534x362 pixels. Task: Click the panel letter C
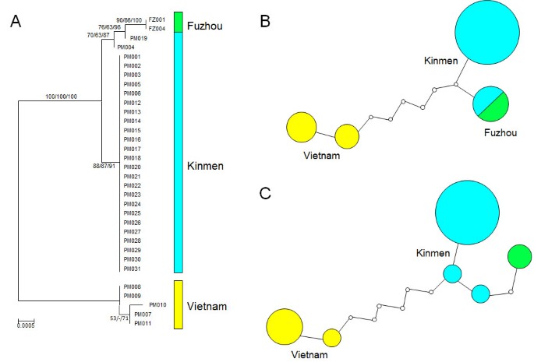pyautogui.click(x=265, y=192)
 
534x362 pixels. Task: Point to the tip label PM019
pyautogui.click(x=140, y=38)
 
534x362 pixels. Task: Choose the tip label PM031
pyautogui.click(x=131, y=269)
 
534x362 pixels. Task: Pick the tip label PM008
pyautogui.click(x=131, y=286)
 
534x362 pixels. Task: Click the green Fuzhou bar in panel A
pyautogui.click(x=178, y=23)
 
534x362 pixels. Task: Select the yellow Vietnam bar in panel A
pyautogui.click(x=178, y=304)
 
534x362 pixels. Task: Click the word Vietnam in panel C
pyautogui.click(x=309, y=354)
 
